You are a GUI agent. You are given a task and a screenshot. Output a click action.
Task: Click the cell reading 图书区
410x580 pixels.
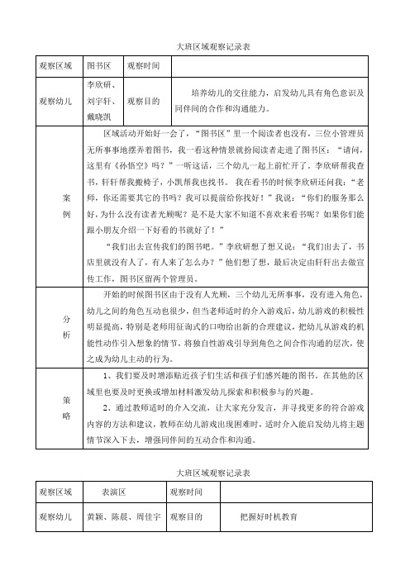click(x=98, y=64)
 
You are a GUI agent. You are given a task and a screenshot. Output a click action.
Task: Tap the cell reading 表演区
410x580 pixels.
click(x=112, y=491)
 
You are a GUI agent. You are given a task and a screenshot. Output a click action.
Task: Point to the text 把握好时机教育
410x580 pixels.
click(x=268, y=516)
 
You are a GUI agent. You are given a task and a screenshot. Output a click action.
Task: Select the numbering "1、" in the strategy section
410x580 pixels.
click(x=102, y=376)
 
